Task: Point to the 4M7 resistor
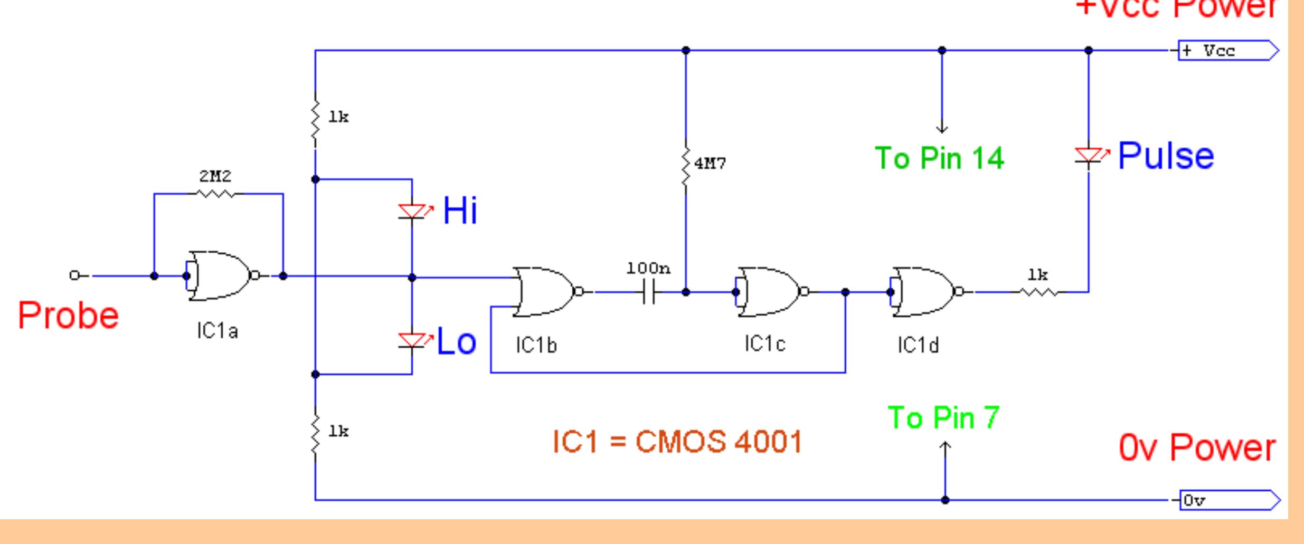coord(686,166)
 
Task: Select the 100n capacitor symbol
coord(649,292)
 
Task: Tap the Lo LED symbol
coord(412,341)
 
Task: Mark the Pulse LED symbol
coord(1089,156)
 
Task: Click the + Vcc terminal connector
coord(1227,51)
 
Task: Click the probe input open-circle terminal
coord(74,275)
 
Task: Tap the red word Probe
coord(69,316)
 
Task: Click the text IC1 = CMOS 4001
coord(677,441)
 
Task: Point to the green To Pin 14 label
coord(939,158)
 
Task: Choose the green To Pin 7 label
coord(943,418)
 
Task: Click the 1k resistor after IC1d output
coord(1038,291)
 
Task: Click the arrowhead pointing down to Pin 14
coord(942,128)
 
